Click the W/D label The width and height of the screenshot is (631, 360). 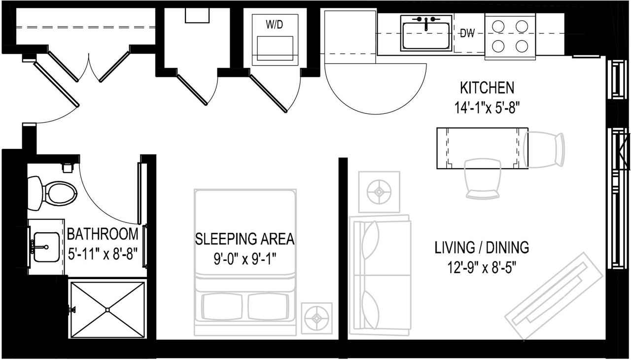(275, 25)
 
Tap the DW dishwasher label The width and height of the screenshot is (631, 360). (467, 34)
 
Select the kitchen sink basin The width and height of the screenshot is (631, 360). (426, 36)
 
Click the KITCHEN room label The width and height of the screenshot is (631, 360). (487, 88)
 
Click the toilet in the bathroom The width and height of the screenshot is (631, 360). (54, 191)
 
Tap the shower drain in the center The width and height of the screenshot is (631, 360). (108, 310)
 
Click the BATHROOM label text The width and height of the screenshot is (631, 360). (103, 233)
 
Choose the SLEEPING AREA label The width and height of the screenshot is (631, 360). (245, 239)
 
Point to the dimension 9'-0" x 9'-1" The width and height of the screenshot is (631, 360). (245, 258)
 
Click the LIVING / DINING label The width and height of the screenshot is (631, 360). (482, 247)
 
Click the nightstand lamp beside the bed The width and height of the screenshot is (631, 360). (316, 317)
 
